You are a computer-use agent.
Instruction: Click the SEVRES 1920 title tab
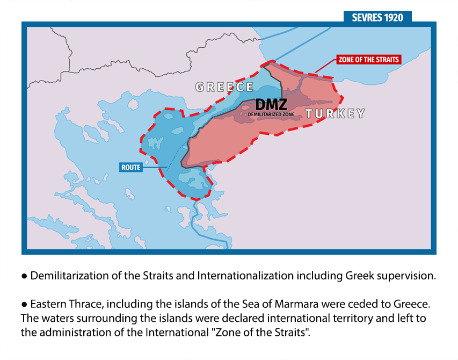377,17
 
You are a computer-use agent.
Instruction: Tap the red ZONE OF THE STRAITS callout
369,59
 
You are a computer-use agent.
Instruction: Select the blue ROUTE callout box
131,168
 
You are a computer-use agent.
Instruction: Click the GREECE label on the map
224,87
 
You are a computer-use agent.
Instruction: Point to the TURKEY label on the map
335,113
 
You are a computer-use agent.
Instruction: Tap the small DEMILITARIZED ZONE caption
271,114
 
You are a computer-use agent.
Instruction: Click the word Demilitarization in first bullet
67,276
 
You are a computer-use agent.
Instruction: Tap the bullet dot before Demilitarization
24,277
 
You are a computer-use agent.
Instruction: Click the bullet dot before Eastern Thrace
24,305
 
